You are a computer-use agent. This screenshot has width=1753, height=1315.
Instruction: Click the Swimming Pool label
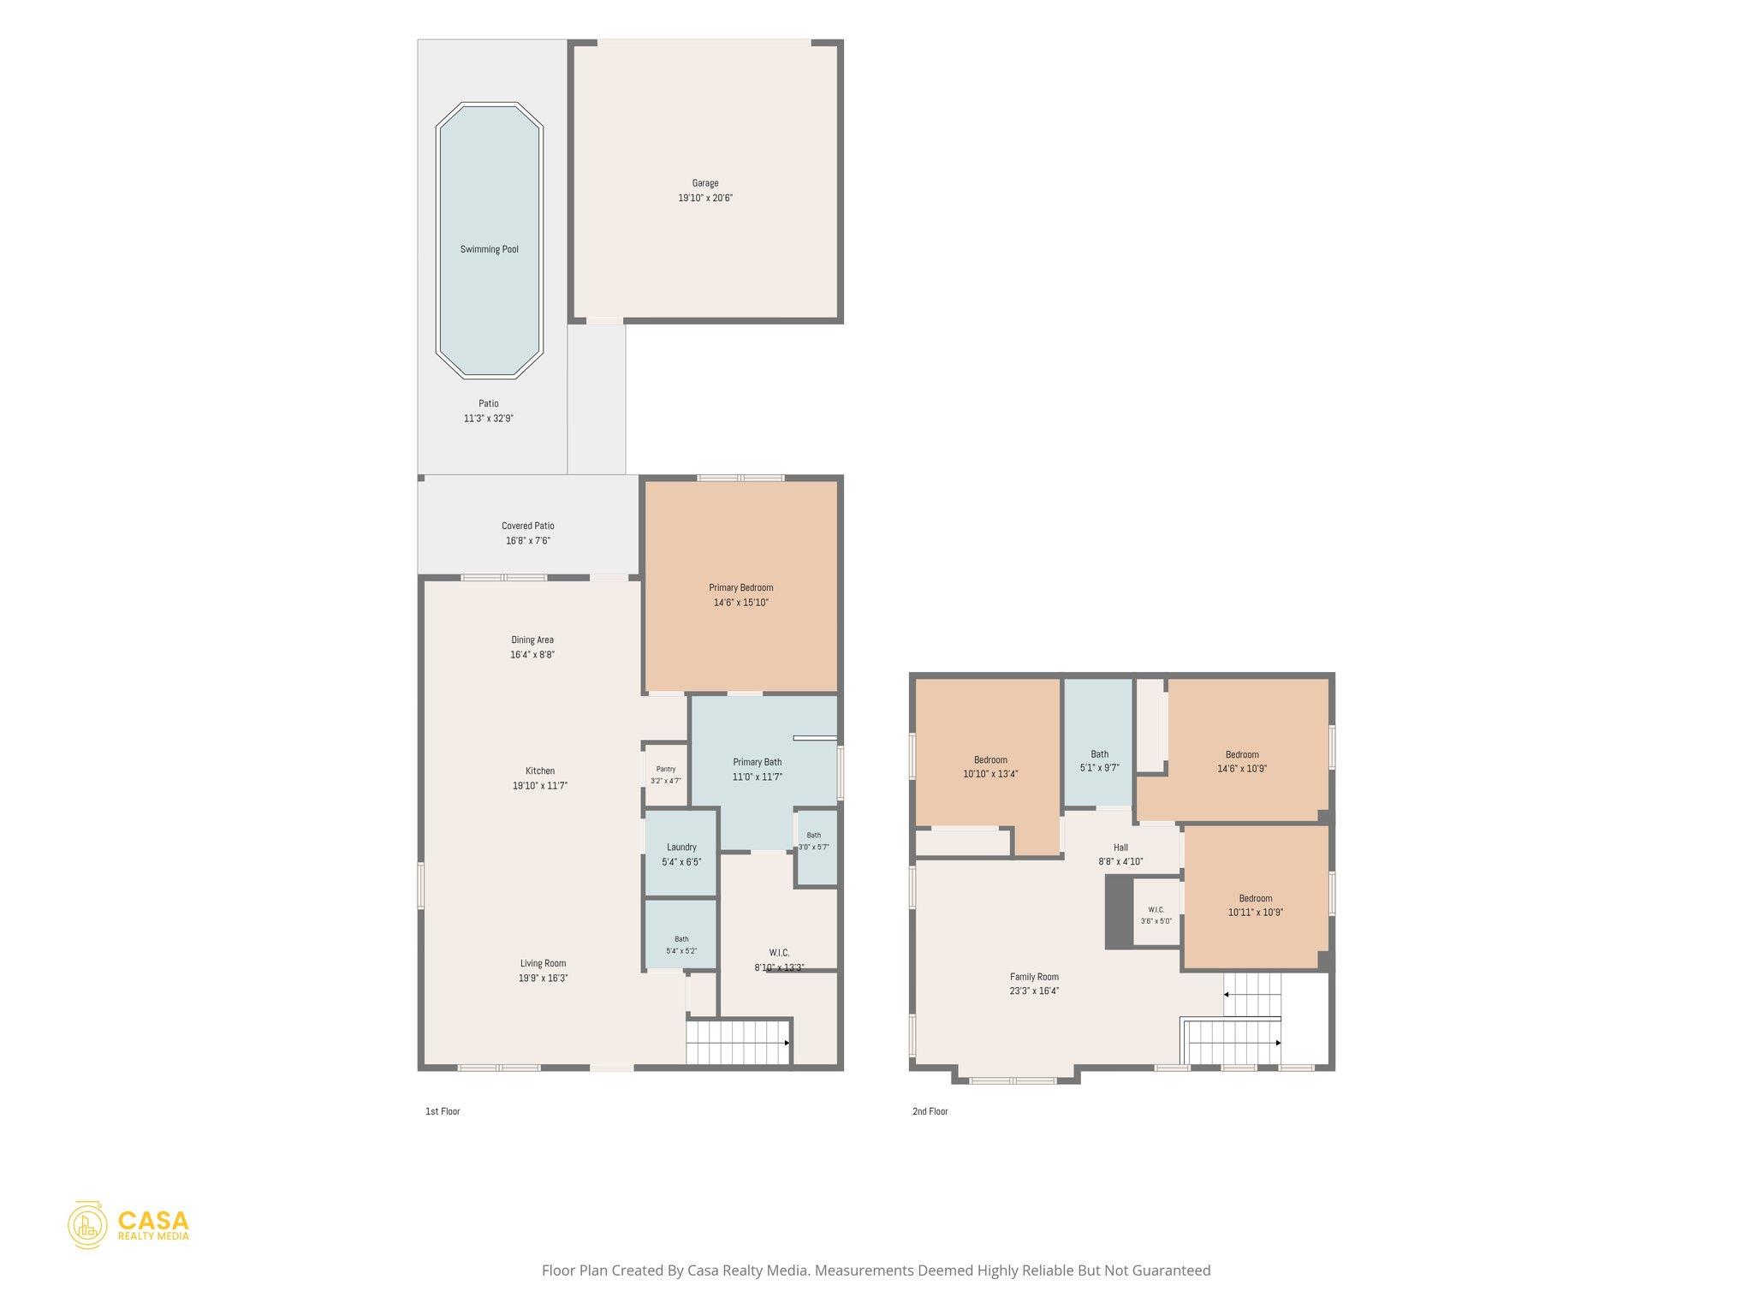click(x=489, y=249)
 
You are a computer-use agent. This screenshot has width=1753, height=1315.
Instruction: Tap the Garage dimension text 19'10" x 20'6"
click(x=705, y=198)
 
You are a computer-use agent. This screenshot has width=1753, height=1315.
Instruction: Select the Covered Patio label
click(x=528, y=526)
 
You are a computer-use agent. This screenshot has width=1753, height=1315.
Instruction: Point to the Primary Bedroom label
click(x=740, y=587)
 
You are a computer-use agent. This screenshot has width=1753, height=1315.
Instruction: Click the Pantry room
click(x=666, y=775)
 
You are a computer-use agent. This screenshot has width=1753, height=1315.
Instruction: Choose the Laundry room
click(x=680, y=854)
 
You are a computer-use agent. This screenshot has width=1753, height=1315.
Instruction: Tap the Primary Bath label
click(x=758, y=762)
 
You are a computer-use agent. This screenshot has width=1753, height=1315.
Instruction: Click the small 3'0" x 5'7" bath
click(x=815, y=848)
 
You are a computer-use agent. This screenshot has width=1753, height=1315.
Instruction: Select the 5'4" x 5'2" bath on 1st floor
click(x=680, y=934)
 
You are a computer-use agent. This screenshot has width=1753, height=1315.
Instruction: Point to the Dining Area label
click(x=532, y=640)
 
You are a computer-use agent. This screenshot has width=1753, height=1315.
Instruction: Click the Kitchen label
click(x=540, y=771)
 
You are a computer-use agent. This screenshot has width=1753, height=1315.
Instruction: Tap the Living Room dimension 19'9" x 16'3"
click(x=543, y=978)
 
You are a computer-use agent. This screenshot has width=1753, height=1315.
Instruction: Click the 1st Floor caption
click(x=443, y=1111)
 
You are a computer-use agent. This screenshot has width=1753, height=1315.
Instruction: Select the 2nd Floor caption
click(x=930, y=1111)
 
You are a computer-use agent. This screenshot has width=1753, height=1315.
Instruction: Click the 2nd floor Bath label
click(x=1099, y=754)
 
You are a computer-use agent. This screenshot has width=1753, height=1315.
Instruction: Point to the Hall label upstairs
click(x=1120, y=848)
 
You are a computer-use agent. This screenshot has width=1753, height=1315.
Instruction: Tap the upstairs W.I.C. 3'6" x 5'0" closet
click(x=1156, y=913)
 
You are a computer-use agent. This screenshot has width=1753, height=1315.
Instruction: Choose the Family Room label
click(x=1034, y=977)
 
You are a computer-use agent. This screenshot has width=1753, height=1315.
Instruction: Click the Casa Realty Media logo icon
click(x=87, y=1224)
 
